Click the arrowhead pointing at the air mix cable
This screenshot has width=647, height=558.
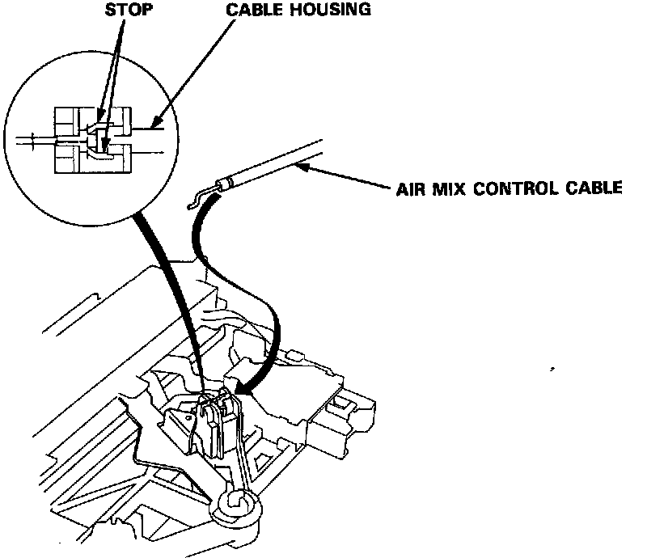click(300, 166)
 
